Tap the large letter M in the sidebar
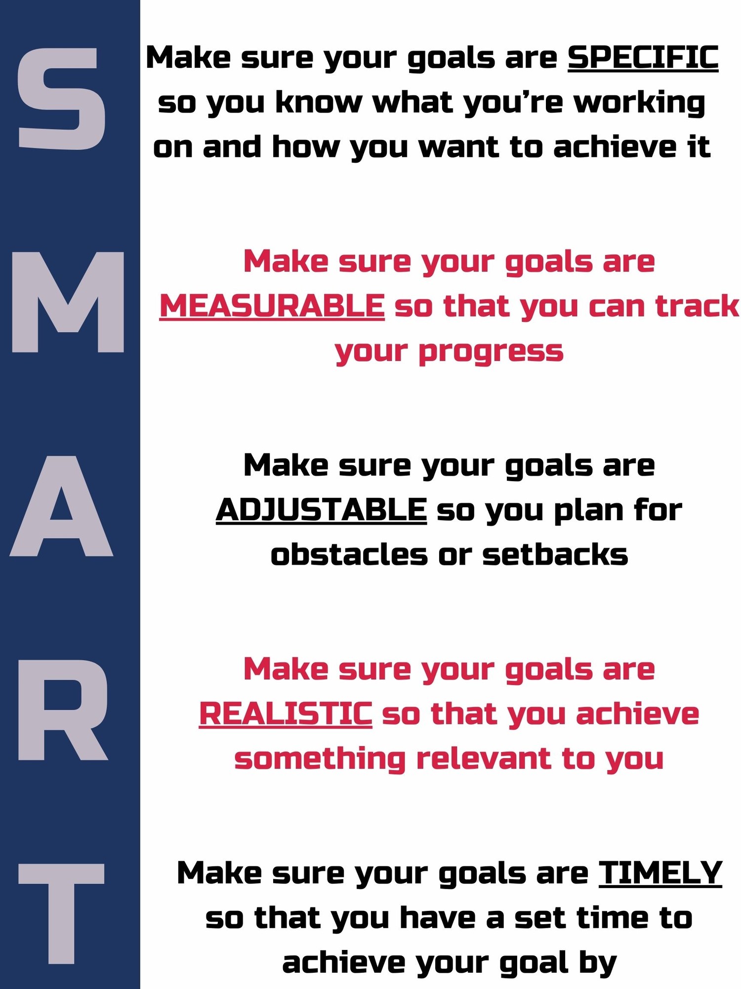click(68, 302)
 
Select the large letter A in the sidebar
click(61, 506)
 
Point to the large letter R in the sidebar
click(63, 710)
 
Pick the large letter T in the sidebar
click(61, 914)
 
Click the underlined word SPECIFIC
click(643, 58)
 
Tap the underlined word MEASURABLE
click(272, 306)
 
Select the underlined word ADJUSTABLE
click(322, 510)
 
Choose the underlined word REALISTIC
click(286, 714)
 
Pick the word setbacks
click(555, 555)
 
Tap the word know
click(319, 103)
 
